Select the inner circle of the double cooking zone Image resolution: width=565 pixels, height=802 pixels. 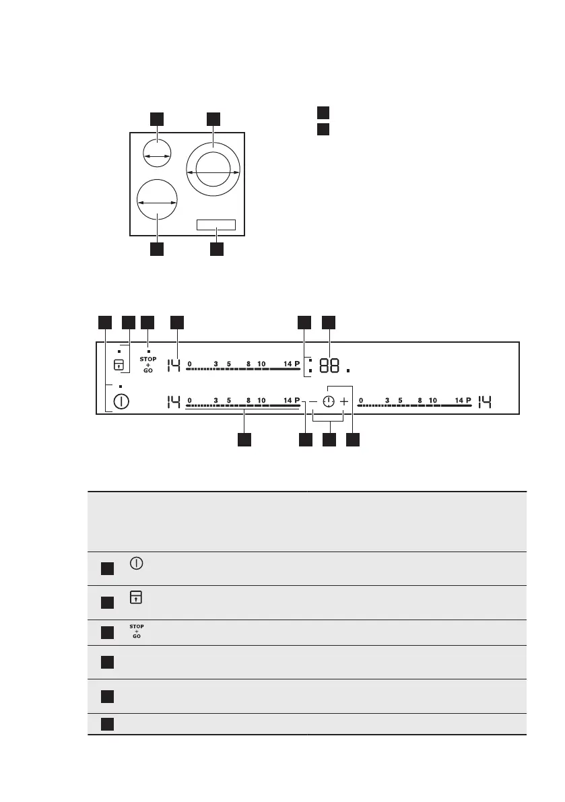(x=213, y=167)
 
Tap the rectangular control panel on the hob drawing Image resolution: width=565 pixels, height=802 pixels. (x=216, y=225)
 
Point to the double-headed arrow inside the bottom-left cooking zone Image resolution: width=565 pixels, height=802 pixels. (x=157, y=202)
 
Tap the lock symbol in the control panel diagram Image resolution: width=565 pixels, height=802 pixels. (x=119, y=365)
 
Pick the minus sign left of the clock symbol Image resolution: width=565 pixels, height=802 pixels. (x=312, y=402)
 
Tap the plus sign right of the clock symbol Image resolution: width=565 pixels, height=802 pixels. (x=344, y=402)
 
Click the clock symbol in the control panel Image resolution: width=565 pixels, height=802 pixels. (x=328, y=402)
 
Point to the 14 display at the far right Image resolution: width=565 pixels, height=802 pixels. (x=486, y=403)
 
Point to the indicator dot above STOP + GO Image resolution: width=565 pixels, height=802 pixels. (x=148, y=351)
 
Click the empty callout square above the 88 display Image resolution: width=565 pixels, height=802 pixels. (x=329, y=323)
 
